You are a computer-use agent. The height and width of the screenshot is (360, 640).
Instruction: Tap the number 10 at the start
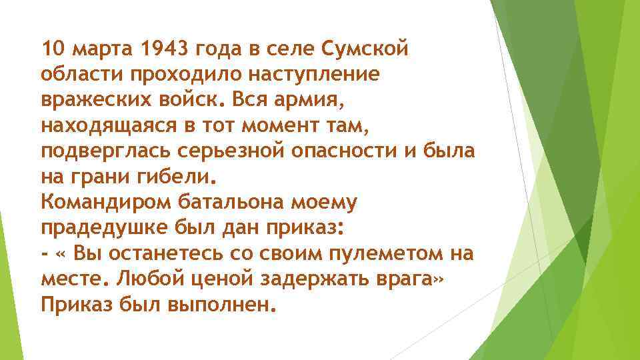52,49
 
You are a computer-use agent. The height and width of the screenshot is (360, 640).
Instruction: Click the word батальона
226,201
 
